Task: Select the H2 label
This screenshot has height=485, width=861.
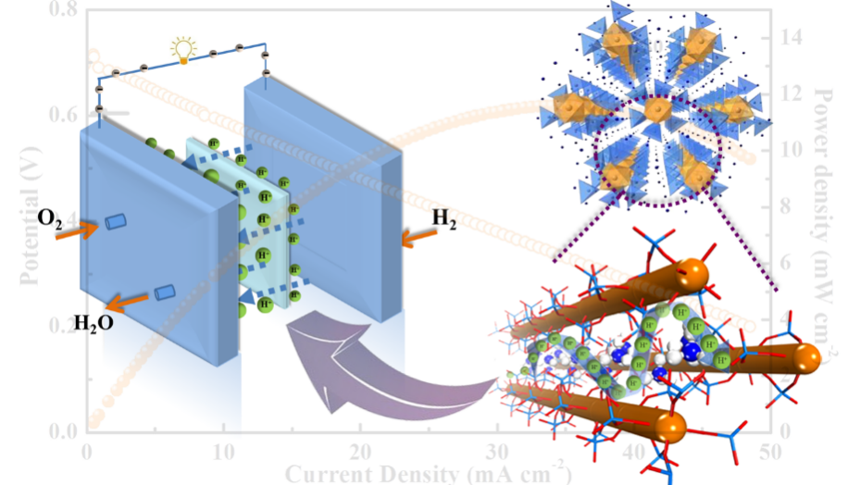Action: [445, 219]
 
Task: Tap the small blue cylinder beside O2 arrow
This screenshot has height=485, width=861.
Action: [114, 222]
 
